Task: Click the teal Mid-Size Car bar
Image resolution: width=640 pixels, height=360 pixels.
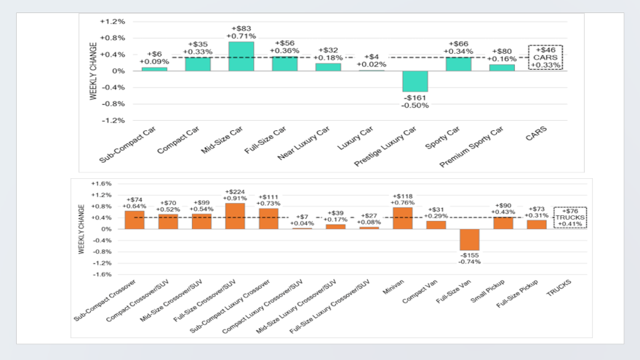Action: point(241,56)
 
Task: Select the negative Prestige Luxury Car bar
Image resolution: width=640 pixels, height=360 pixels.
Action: point(415,81)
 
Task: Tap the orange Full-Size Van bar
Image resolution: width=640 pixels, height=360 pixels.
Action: point(469,239)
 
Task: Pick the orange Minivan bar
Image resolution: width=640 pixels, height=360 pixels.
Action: point(402,218)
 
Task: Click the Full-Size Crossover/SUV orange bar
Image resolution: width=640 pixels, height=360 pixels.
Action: point(235,216)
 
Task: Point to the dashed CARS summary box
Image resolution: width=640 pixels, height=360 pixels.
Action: point(545,57)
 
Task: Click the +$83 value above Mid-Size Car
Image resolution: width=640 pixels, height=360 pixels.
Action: point(241,27)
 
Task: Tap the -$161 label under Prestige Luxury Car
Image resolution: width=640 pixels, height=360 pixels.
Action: point(415,97)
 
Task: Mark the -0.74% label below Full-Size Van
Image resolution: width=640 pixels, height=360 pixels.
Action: point(469,261)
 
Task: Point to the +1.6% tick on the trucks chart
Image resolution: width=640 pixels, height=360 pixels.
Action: point(101,184)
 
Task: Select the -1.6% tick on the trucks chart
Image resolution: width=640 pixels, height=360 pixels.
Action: point(101,275)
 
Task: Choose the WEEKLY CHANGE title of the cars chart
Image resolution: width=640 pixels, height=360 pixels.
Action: point(93,71)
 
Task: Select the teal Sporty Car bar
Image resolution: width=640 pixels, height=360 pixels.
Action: point(458,63)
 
